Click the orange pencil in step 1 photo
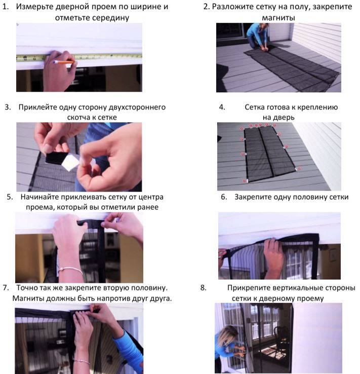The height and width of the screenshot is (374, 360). point(64,62)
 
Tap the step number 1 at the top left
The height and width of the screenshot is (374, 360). point(5,7)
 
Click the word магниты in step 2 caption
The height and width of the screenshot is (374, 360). point(278,18)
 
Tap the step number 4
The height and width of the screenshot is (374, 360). point(222,107)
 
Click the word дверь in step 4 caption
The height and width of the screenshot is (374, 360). point(285,118)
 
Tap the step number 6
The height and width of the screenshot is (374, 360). point(224,197)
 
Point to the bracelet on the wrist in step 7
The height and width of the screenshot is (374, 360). point(82,361)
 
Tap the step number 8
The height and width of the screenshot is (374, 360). point(203,288)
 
